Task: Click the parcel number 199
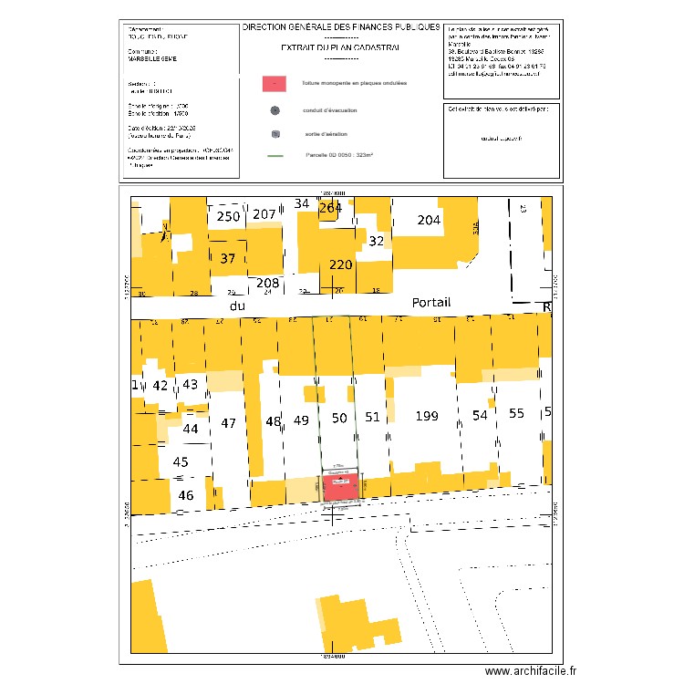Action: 426,417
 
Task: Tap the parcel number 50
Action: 339,418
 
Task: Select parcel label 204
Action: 429,221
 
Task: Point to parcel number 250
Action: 228,216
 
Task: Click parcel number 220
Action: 340,265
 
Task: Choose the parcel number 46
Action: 186,495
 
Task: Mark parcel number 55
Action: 517,413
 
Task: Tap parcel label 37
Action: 228,259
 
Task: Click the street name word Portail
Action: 431,303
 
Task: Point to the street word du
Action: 238,306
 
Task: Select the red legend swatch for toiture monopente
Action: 274,83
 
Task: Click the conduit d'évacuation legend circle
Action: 275,111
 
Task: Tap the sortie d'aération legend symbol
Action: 275,135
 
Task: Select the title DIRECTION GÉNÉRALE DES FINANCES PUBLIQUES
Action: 341,28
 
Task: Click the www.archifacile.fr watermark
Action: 532,670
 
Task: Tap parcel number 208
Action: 267,283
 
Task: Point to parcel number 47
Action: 229,423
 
